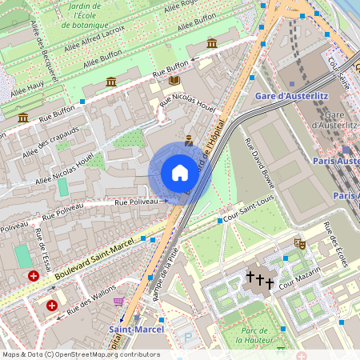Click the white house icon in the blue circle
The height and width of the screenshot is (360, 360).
coord(180,173)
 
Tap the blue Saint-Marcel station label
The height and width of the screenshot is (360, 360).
coord(136,329)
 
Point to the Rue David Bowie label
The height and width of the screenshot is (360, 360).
coord(259,165)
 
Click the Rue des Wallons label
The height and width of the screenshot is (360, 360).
coord(89,304)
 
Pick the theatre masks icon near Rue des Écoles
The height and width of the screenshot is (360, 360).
coord(300,243)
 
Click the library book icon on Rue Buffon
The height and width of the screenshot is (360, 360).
coord(174,81)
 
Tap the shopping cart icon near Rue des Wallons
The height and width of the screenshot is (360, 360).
coord(118,302)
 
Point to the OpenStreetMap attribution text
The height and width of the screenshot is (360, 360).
coord(80,354)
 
